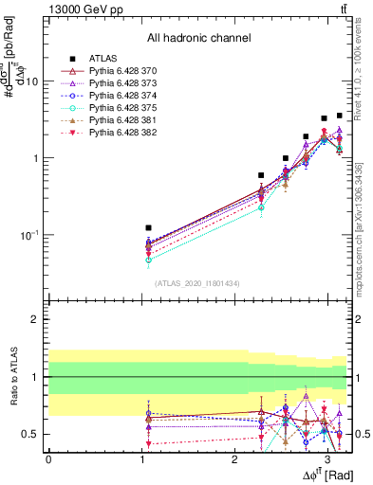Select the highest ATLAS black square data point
click(339, 116)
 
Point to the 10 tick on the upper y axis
click(31, 81)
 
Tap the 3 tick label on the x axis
click(326, 459)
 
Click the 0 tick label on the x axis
click(48, 459)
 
